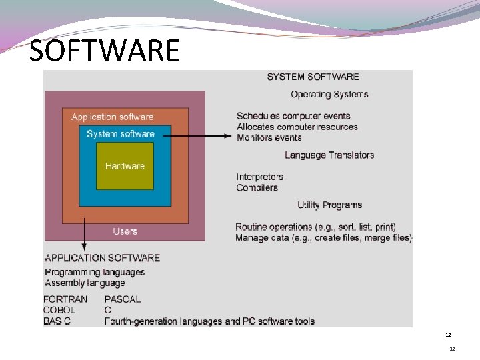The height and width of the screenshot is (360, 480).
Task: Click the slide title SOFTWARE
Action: (105, 50)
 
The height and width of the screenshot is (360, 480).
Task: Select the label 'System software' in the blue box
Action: (120, 134)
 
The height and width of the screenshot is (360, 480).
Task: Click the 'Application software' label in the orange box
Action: (112, 117)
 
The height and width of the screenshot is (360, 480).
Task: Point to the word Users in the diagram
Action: (125, 231)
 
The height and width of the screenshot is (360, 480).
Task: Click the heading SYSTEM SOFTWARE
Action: (313, 77)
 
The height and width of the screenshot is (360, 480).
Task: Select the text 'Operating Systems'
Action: (329, 94)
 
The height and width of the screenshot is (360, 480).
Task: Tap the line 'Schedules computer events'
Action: (293, 116)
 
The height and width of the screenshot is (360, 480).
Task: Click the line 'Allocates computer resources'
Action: (297, 127)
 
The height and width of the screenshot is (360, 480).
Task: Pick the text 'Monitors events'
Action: (269, 137)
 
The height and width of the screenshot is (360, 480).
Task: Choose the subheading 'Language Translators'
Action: (329, 155)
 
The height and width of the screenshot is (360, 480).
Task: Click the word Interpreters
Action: (259, 177)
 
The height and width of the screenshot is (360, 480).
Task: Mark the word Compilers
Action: (257, 187)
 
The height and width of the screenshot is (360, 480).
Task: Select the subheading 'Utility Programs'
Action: (329, 205)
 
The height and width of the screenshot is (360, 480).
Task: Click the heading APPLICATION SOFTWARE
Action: (102, 257)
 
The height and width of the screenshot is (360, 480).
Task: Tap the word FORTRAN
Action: (65, 299)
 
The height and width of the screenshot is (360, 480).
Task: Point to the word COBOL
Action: (59, 310)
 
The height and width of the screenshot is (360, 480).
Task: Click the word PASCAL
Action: (123, 299)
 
